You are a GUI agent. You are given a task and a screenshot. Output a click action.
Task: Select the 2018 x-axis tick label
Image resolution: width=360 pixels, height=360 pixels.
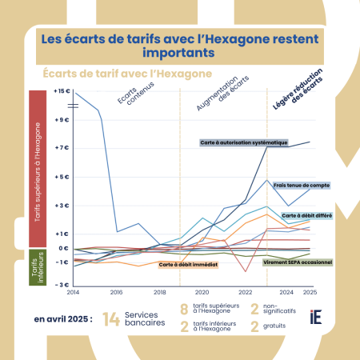point(159,292)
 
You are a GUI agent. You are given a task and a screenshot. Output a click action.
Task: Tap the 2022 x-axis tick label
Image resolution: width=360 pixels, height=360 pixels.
point(245,292)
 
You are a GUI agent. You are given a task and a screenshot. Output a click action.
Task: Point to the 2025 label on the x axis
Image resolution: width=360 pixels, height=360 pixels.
point(309,292)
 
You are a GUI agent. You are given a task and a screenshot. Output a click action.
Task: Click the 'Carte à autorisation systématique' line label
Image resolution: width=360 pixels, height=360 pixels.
point(243,142)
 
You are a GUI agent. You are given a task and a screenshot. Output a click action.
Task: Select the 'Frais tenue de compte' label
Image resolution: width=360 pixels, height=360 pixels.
point(301,185)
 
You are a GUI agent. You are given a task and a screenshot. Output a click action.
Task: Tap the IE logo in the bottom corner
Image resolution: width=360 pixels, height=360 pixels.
point(317,319)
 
